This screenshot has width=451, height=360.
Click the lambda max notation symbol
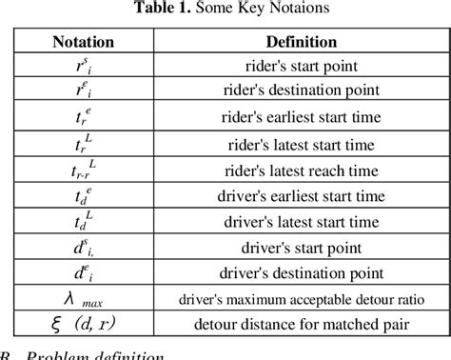[x=84, y=299]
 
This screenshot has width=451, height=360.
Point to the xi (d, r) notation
[x=84, y=325]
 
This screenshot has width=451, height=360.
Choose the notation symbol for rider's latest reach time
[x=84, y=170]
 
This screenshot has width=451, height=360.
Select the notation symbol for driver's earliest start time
[x=84, y=196]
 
